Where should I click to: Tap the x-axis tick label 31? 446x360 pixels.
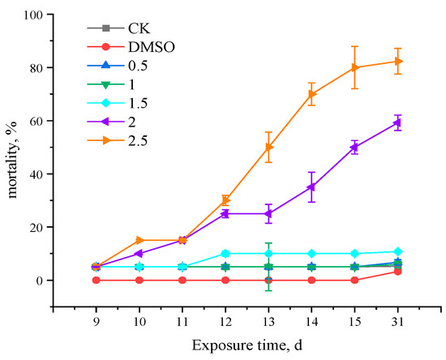tap(397, 322)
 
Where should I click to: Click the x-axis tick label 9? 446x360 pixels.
tap(96, 322)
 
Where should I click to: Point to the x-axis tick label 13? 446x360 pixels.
tap(268, 322)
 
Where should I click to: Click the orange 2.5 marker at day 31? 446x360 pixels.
tap(397, 62)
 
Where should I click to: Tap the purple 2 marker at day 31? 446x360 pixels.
tap(397, 122)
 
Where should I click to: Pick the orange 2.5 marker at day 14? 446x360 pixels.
tap(311, 94)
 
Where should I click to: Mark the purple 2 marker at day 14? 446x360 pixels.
tap(311, 187)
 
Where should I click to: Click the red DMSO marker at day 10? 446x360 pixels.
tap(139, 280)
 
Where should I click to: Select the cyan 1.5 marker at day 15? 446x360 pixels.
tap(354, 254)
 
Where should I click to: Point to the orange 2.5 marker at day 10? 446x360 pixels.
tap(139, 240)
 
